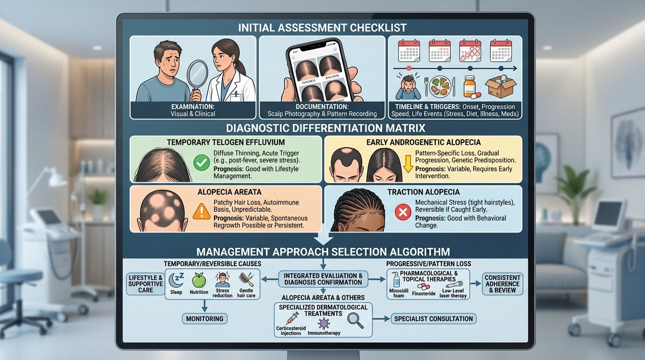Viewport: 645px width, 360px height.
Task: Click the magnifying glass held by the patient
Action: pyautogui.click(x=197, y=75)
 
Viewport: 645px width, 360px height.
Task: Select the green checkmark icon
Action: pyautogui.click(x=202, y=163)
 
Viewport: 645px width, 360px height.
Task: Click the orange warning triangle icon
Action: pyautogui.click(x=202, y=211)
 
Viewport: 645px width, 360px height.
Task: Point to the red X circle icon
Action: pyautogui.click(x=403, y=213)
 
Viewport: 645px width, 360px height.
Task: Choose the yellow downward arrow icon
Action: pyautogui.click(x=407, y=165)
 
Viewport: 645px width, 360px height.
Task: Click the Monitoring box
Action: pyautogui.click(x=204, y=319)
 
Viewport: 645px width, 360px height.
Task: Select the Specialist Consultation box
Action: pyautogui.click(x=433, y=319)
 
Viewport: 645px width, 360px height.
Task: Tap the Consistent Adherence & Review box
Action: pyautogui.click(x=502, y=284)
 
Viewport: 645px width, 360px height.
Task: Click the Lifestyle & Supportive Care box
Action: pyautogui.click(x=145, y=284)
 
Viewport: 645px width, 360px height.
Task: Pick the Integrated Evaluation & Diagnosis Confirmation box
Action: pyautogui.click(x=323, y=279)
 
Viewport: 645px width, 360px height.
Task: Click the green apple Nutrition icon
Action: pyautogui.click(x=199, y=280)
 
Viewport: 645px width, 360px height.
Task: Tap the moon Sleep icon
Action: pyautogui.click(x=176, y=280)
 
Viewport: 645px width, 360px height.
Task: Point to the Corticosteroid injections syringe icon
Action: pyautogui.click(x=293, y=318)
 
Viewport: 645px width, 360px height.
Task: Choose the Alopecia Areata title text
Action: pyautogui.click(x=223, y=192)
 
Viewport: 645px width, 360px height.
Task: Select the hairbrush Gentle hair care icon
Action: pyautogui.click(x=246, y=281)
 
